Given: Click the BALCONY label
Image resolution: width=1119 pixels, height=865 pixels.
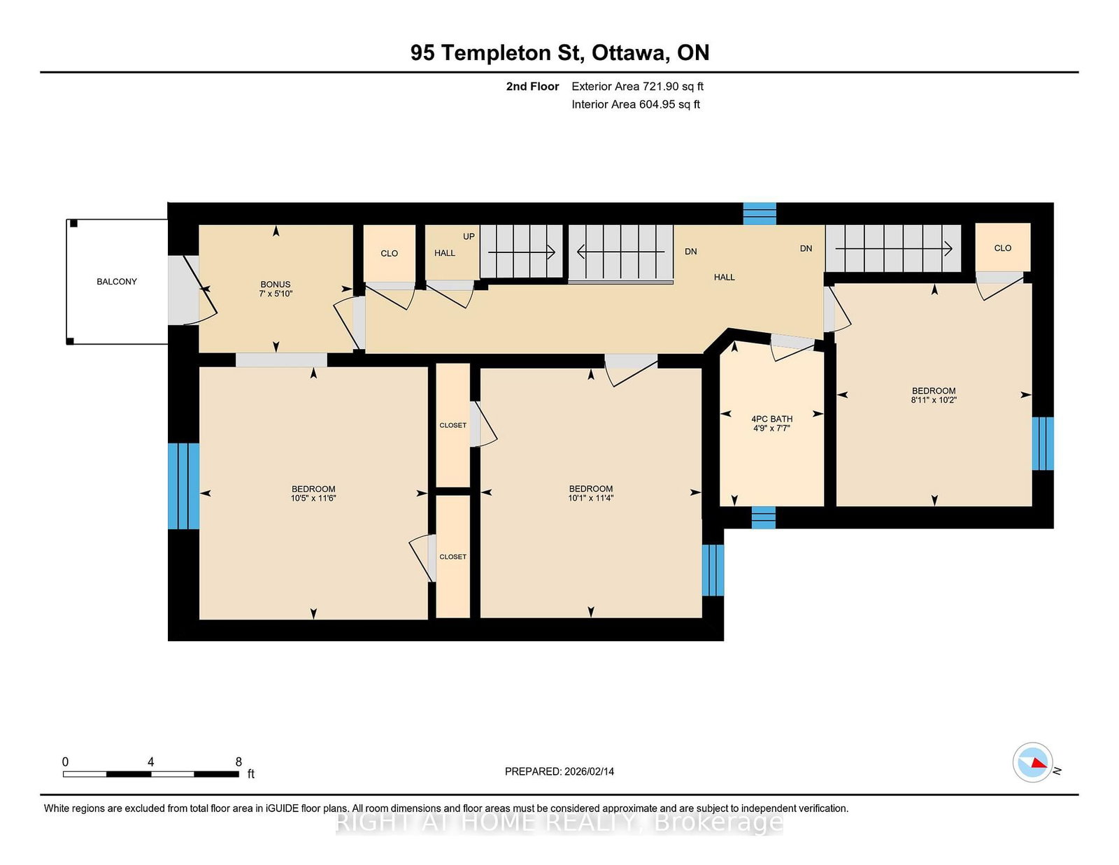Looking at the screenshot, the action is click(x=117, y=282).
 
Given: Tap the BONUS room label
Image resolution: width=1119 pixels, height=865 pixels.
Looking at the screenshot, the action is click(x=276, y=284).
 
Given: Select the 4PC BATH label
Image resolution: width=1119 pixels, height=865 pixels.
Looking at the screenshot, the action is click(x=771, y=419).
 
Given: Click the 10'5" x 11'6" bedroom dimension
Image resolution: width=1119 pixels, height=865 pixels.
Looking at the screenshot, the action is click(x=313, y=499).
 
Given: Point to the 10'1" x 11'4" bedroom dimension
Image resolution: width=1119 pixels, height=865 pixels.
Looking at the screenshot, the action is click(x=591, y=499).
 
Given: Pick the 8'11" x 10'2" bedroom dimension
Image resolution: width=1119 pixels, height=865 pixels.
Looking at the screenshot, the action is click(x=934, y=400).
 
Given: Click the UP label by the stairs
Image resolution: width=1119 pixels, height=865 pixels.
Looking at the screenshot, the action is click(x=469, y=236).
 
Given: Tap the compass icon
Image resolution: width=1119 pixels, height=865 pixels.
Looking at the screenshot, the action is click(x=1032, y=762).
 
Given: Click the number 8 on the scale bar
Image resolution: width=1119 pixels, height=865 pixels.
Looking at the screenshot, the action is click(x=238, y=762).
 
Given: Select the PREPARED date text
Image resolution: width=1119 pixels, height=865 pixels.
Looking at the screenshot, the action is click(x=559, y=771).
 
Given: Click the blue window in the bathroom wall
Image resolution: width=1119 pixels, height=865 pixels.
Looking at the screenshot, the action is click(x=763, y=517).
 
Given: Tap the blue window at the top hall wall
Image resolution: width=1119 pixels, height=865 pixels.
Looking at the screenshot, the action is click(x=760, y=214).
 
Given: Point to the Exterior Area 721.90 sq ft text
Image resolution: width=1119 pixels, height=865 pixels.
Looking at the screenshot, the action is click(x=638, y=87).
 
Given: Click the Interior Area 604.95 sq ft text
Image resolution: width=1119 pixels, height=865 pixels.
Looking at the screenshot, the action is click(x=636, y=104).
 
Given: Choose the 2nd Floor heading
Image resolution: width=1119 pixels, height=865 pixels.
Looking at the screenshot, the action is click(x=532, y=87).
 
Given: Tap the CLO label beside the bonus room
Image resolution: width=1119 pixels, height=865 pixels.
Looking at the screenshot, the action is click(x=390, y=253).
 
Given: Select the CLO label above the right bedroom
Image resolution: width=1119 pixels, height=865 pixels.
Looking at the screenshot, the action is click(x=1003, y=248).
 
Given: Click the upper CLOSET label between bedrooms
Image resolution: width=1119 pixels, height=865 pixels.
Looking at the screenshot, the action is click(x=452, y=425).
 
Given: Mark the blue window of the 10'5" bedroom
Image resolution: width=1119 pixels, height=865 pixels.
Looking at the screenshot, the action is click(x=183, y=486).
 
